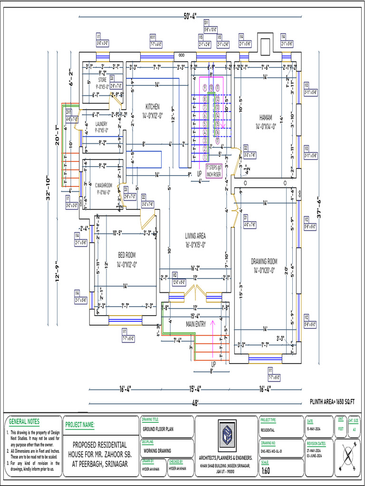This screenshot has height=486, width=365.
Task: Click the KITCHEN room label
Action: coord(153,107)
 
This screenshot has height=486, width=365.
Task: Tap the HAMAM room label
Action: coord(266,117)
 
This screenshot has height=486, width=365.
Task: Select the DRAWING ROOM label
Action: coord(264,261)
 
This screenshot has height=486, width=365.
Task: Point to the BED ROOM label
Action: coord(126,255)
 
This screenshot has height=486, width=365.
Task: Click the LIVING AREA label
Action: coord(195,236)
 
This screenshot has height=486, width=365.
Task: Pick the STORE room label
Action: coord(102,80)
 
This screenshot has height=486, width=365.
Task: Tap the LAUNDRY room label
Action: coord(101,124)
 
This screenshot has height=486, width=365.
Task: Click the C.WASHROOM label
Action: coord(103,186)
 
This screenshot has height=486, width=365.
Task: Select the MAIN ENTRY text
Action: coord(196,324)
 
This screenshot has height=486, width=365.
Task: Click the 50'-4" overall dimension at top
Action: coord(194,17)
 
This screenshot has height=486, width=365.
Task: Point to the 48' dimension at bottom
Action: coord(195,403)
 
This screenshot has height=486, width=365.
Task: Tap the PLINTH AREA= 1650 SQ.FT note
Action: coord(332,402)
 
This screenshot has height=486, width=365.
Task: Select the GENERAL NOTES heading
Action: coord(24,421)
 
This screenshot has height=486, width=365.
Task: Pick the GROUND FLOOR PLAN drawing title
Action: coord(158,429)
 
